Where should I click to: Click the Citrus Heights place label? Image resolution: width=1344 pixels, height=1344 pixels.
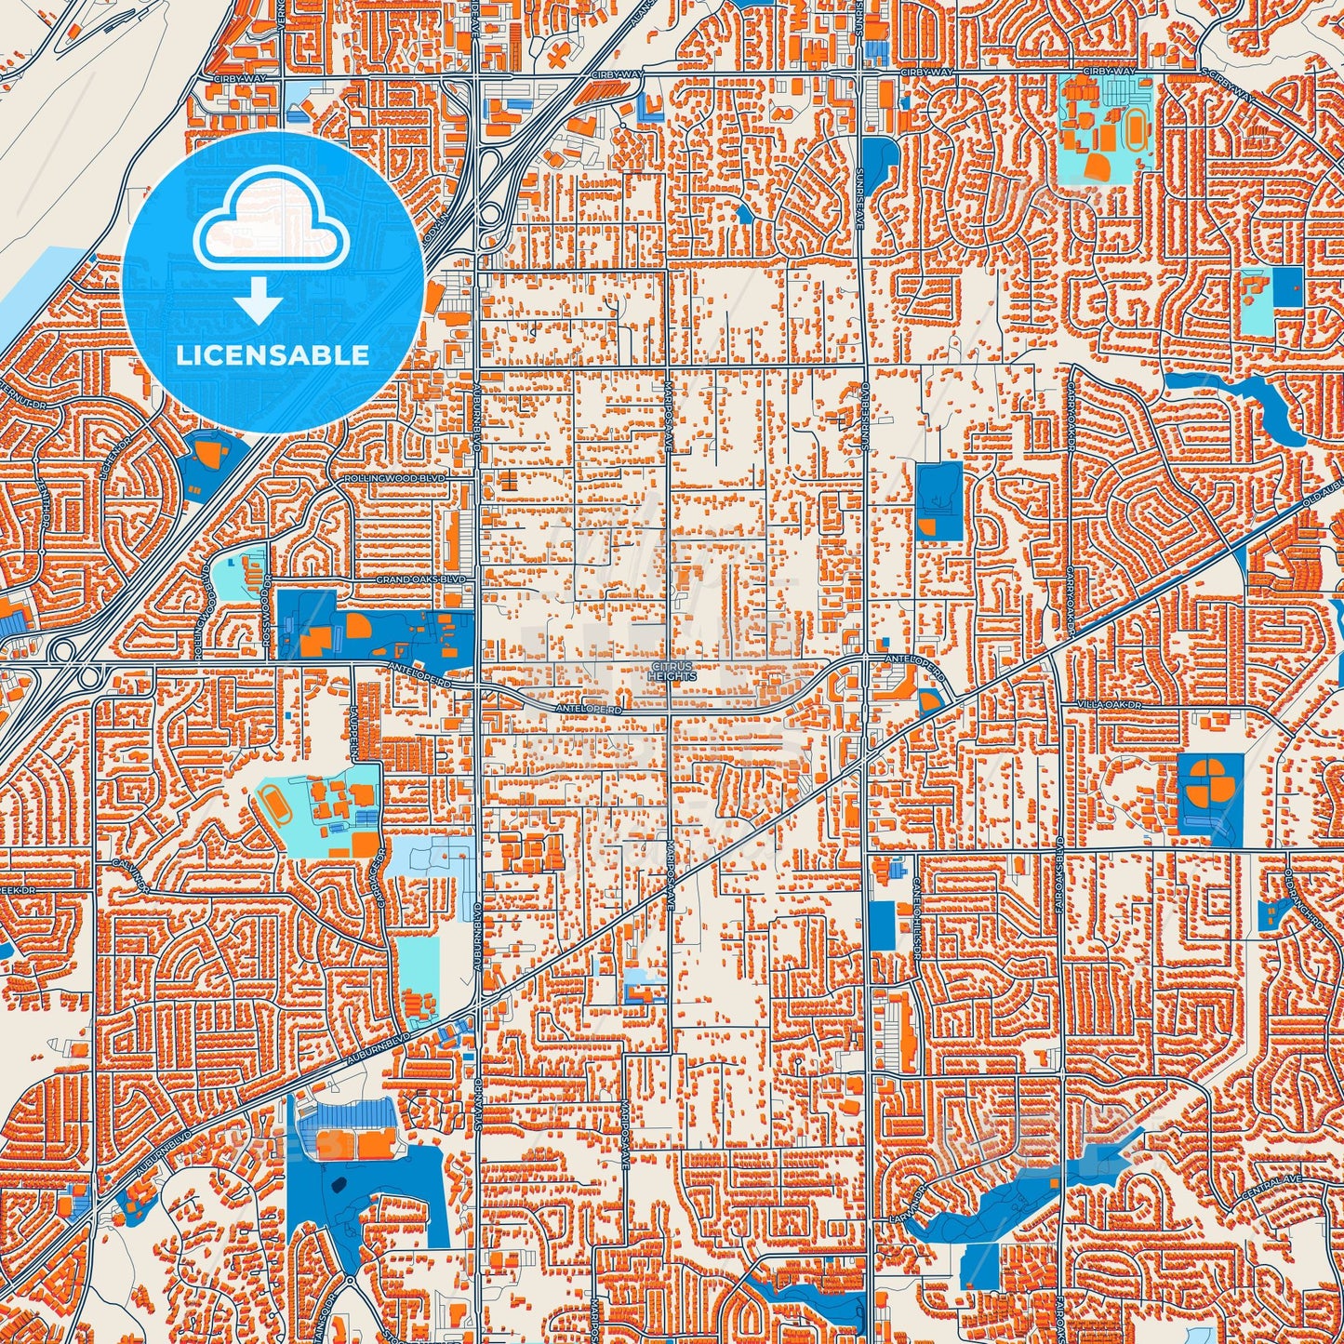[x=672, y=672]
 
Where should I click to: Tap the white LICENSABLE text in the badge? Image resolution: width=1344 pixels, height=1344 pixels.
[x=273, y=355]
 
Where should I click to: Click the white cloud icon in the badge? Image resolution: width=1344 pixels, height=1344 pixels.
[x=271, y=228]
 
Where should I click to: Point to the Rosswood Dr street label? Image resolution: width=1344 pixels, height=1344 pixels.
[x=266, y=606]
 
